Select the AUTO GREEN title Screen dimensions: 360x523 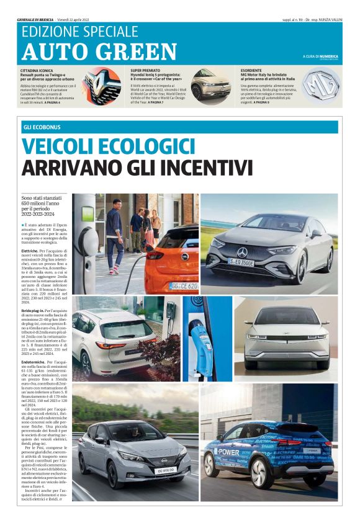coord(99,51)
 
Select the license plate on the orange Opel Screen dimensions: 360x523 coord(184,286)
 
